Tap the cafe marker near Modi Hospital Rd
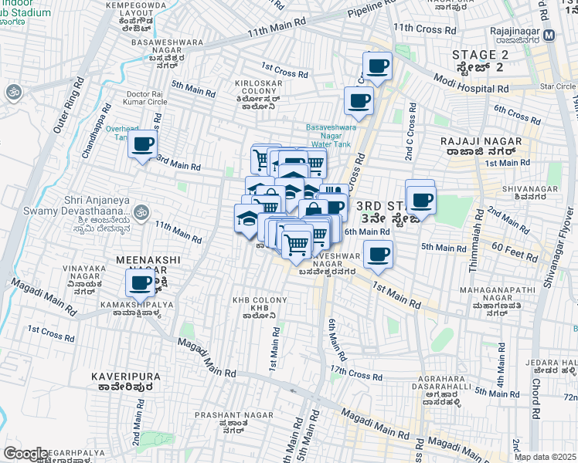377,66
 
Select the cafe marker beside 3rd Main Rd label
142,144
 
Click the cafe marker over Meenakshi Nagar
139,282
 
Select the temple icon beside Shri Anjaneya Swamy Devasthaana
141,210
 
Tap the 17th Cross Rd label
355,373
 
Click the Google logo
25,454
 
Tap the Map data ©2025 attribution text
546,457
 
